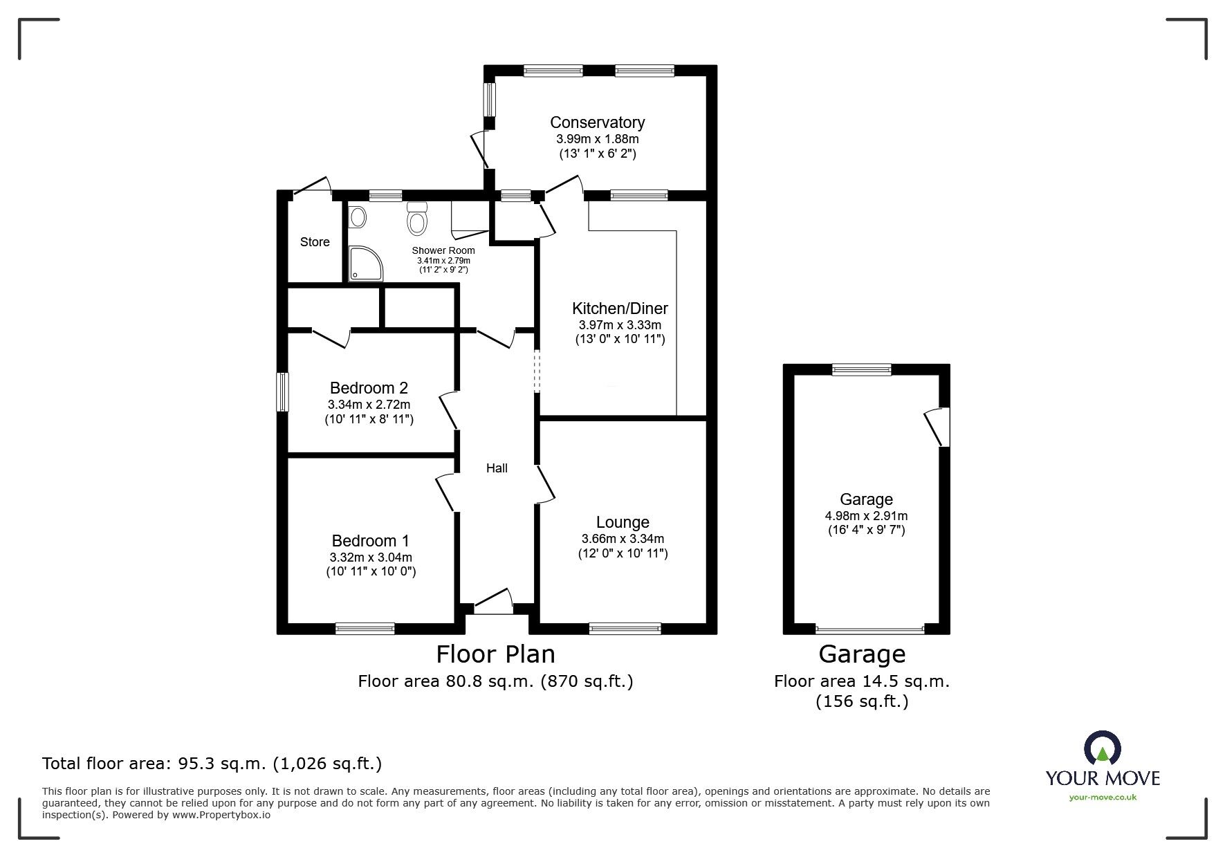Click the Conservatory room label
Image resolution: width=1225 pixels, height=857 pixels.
598,122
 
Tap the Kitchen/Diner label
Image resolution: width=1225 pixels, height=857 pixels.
620,308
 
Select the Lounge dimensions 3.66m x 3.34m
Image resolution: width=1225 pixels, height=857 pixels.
623,539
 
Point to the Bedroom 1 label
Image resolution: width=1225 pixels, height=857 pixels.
370,541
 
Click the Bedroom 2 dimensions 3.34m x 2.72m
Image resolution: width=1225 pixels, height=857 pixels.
369,405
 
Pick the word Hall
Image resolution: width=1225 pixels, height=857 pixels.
497,468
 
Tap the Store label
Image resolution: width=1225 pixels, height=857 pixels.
315,242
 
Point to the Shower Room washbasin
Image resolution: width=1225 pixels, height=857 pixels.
358,218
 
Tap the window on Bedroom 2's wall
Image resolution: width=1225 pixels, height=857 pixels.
282,392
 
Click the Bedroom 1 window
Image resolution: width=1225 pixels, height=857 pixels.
365,628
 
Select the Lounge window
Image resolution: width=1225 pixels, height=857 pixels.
625,628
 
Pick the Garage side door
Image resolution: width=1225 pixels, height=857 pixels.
937,427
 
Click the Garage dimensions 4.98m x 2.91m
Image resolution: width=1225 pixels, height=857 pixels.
866,516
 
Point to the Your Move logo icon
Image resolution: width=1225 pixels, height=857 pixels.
1102,748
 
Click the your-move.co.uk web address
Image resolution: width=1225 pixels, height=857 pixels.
1103,798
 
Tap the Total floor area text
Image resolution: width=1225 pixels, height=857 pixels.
212,764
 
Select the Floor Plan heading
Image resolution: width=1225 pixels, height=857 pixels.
495,654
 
